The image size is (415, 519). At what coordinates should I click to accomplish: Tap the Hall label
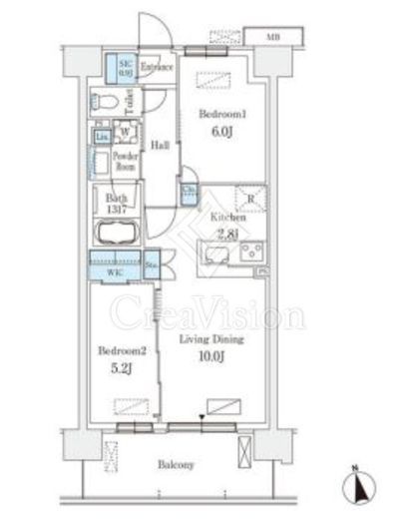[x=159, y=145]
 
